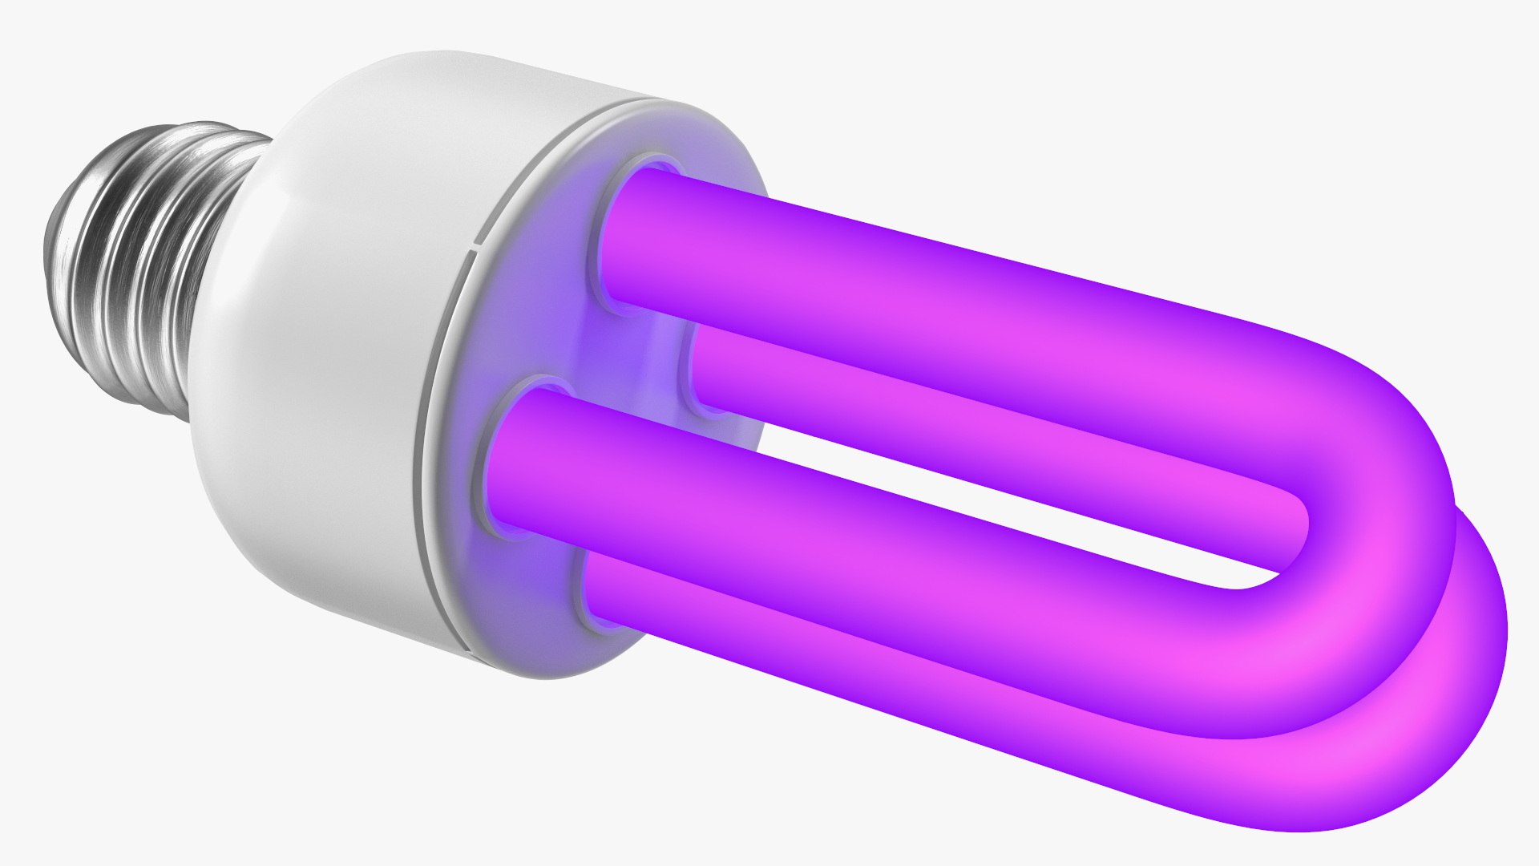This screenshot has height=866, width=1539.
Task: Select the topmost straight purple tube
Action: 922,297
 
